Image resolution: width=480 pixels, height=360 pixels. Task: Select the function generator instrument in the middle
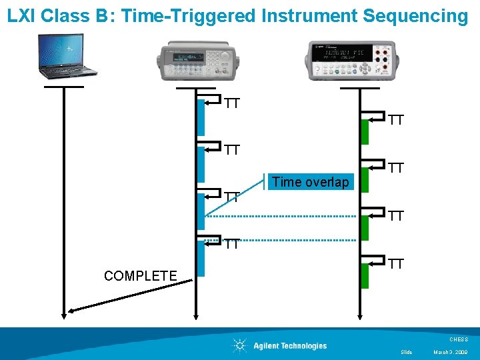pos(195,59)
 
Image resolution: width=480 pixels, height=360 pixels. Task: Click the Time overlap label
pos(310,182)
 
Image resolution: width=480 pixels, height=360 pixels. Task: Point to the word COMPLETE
pos(141,276)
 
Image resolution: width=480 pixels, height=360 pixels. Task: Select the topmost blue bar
pos(201,117)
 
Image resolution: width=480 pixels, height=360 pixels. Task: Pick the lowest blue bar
pos(201,258)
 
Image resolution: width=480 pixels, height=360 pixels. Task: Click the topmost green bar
pos(365,131)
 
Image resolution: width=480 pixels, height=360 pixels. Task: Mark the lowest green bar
pos(365,275)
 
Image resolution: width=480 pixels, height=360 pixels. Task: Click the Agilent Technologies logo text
pos(290,345)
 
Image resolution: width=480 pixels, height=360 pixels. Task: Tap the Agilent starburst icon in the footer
pos(239,345)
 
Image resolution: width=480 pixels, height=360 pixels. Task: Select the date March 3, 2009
pos(450,352)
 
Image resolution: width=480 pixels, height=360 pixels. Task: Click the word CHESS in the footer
pos(459,339)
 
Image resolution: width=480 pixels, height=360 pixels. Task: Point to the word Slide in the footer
pos(407,352)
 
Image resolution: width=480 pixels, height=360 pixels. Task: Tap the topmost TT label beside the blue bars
pos(232,103)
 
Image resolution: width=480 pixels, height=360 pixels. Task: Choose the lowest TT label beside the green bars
pos(396,264)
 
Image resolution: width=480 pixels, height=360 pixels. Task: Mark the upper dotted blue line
pos(280,216)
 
